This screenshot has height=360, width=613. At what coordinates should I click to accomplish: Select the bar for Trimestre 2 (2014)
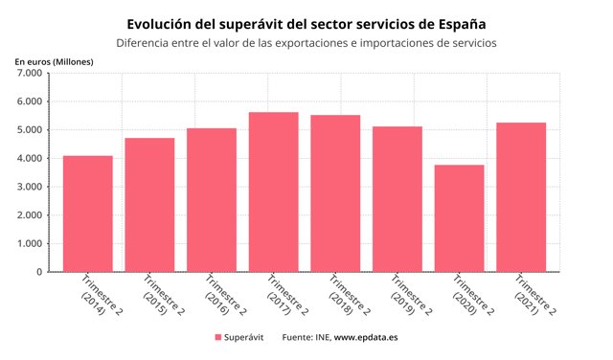(88, 214)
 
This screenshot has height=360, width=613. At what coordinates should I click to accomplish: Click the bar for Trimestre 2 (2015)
(149, 205)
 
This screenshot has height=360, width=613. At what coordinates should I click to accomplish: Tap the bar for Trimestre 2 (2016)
(212, 200)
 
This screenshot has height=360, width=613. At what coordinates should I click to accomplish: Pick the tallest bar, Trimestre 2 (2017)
(273, 191)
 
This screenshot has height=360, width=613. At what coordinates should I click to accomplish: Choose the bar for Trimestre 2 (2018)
(335, 193)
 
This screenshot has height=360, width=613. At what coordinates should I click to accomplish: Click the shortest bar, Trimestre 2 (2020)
(459, 218)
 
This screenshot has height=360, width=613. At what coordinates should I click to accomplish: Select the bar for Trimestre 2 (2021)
(521, 197)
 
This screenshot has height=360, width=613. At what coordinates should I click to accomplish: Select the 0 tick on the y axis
(38, 272)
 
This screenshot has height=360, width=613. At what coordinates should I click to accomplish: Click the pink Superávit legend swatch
(217, 337)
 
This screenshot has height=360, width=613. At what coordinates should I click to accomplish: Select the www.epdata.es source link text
(366, 337)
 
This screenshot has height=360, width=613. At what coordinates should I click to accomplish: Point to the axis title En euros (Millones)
(54, 60)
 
